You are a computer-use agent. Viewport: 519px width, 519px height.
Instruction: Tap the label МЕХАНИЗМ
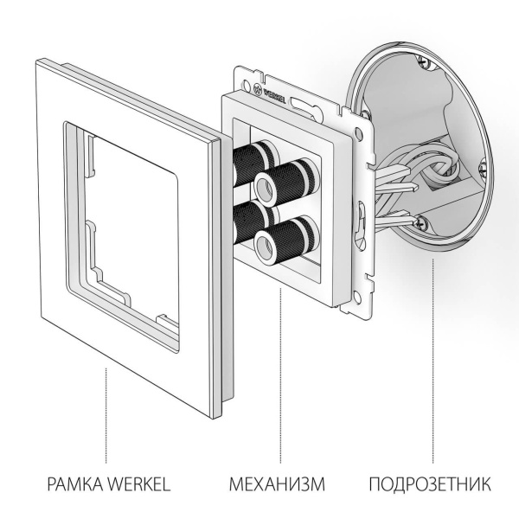(x=277, y=483)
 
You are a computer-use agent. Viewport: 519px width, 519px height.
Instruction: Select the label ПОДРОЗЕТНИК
(x=430, y=483)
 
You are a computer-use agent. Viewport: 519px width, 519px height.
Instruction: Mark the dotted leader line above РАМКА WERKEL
(x=106, y=415)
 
